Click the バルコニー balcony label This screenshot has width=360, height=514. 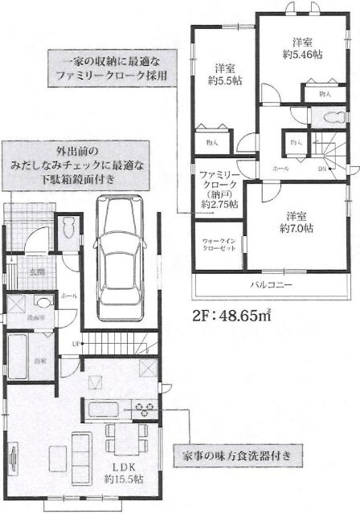[269, 285]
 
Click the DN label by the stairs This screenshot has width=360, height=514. [321, 169]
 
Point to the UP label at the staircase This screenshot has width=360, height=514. [76, 345]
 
